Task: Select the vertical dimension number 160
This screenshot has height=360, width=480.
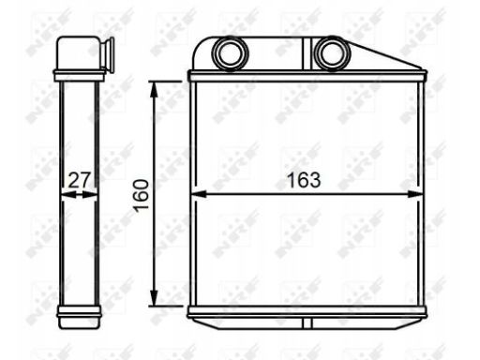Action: tap(141, 194)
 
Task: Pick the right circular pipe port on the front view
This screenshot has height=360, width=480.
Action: tap(329, 53)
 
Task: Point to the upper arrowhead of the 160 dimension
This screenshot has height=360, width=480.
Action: tap(156, 87)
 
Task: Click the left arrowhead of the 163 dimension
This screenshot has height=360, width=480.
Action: tap(197, 195)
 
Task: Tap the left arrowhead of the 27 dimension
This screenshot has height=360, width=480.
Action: tap(64, 195)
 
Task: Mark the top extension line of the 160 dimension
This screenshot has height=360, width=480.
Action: tap(169, 81)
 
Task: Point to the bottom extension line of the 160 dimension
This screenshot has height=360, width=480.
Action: tap(169, 306)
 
